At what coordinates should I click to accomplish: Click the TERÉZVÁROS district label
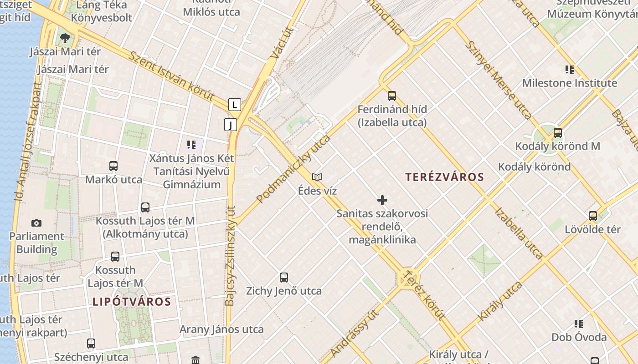coord(444,177)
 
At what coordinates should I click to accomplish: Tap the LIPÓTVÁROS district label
coord(132,302)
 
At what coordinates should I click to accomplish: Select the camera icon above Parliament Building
coord(36,223)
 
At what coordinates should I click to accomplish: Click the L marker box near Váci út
coord(234,105)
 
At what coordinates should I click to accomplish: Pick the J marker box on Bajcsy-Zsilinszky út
coord(231,124)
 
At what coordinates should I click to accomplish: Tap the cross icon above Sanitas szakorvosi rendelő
coord(382,200)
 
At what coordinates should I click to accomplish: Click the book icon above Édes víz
coord(317,177)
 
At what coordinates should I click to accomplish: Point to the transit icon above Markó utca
coord(113,166)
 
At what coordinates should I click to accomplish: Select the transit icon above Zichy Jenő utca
coord(284,277)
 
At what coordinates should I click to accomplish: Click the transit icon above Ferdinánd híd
coord(392,96)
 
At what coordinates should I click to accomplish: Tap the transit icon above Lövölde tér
coord(592,216)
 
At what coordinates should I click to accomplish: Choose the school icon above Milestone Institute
coord(569,70)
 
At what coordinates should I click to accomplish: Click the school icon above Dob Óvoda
coord(579,324)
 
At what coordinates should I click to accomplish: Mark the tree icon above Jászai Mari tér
coord(65,38)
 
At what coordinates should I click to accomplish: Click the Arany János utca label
coord(221,329)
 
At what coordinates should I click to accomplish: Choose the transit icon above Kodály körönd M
coord(557,133)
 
